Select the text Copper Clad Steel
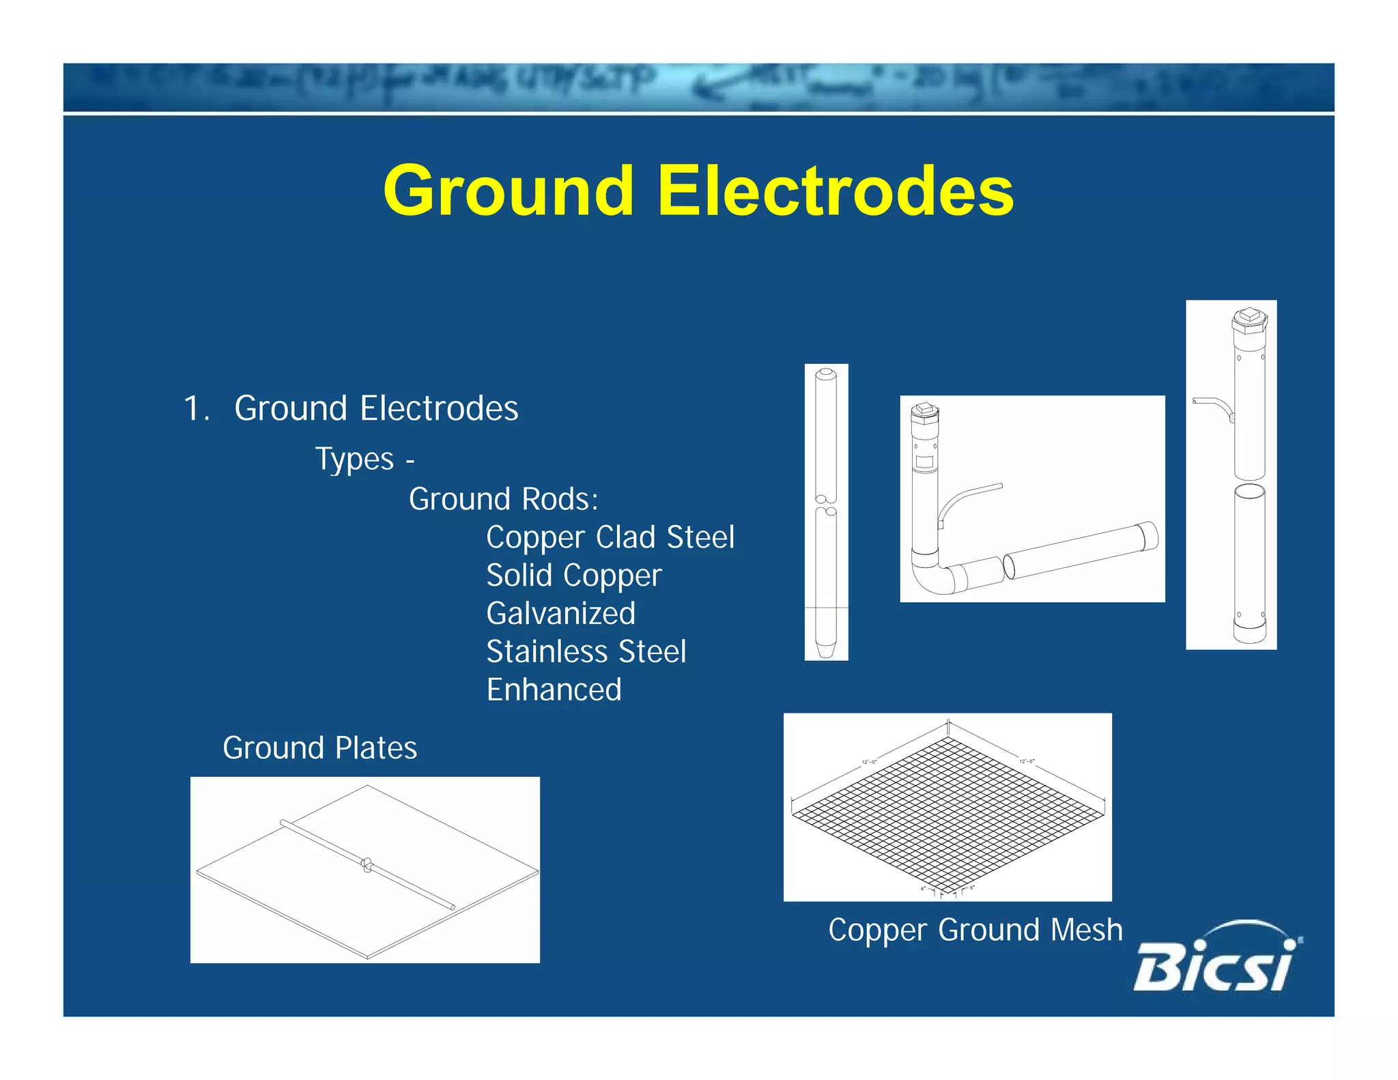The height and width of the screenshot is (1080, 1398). [x=610, y=537]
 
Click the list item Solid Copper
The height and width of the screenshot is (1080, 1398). [x=573, y=575]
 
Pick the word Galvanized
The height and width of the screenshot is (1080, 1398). [x=560, y=614]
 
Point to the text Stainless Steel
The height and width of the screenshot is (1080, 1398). [x=586, y=652]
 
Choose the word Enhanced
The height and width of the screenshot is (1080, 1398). [x=554, y=690]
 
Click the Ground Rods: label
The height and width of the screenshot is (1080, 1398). [x=503, y=499]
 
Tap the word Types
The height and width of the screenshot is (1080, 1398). [x=354, y=459]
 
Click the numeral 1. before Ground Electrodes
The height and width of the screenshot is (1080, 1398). [x=196, y=409]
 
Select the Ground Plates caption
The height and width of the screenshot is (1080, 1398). [x=319, y=748]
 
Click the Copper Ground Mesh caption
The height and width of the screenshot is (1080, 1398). [x=975, y=930]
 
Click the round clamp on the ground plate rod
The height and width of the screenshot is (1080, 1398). [x=367, y=866]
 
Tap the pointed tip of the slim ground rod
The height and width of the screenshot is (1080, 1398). [x=826, y=649]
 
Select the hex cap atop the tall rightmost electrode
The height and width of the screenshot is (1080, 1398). [x=1250, y=318]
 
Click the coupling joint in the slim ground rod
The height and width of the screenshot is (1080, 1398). [x=826, y=505]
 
